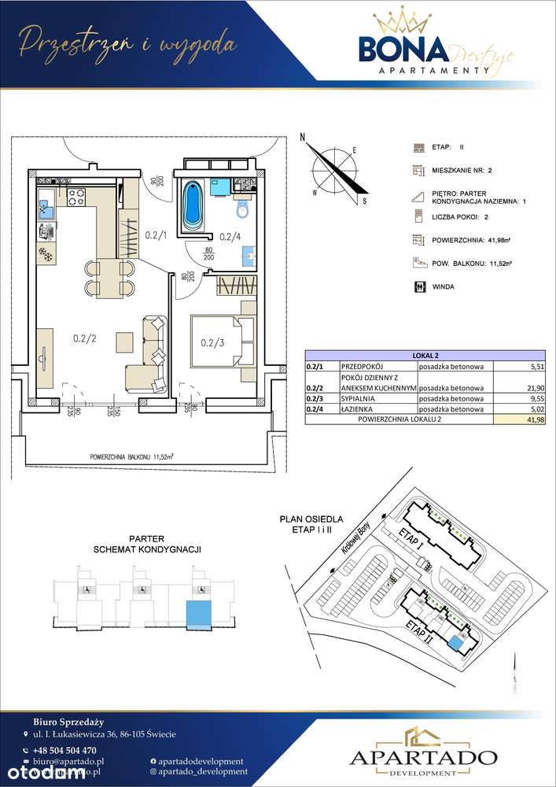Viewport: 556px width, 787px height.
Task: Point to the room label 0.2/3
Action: (213, 342)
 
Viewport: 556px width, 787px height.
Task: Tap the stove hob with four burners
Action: (77, 198)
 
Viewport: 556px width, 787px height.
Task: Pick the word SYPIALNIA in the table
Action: (357, 398)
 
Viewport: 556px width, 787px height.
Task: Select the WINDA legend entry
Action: (444, 287)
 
